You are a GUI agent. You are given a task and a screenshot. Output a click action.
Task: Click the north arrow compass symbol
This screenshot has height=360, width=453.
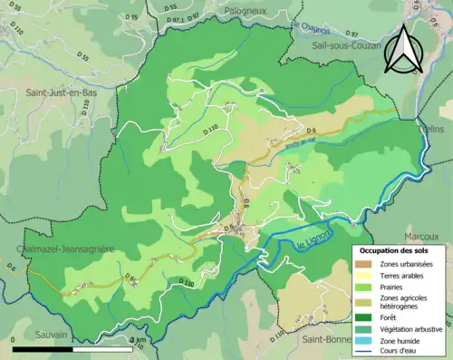coord(400,51)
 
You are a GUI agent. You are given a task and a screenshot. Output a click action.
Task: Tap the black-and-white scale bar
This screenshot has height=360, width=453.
coord(72,347)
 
